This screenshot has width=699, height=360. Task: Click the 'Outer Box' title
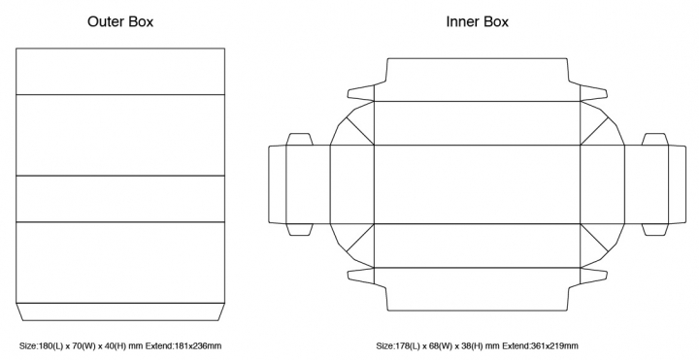[120, 21]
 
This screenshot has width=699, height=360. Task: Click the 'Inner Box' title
[478, 21]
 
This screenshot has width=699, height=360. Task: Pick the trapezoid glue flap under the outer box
[120, 311]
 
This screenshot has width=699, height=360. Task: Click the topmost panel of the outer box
[120, 71]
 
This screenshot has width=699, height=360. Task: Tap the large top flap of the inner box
[477, 80]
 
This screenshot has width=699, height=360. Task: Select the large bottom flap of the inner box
[477, 289]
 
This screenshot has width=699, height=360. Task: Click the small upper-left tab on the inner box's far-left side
[299, 139]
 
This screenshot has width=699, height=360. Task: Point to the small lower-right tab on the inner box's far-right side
[655, 229]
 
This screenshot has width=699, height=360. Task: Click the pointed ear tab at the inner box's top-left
[360, 93]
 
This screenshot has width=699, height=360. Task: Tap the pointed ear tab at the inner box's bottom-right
[594, 276]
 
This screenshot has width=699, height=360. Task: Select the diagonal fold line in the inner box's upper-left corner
[360, 131]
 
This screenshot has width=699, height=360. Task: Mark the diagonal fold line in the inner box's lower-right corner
[594, 238]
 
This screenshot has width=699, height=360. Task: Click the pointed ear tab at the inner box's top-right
[594, 93]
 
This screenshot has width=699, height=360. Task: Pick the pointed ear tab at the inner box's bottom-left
[360, 276]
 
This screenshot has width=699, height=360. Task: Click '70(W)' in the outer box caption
[82, 345]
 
